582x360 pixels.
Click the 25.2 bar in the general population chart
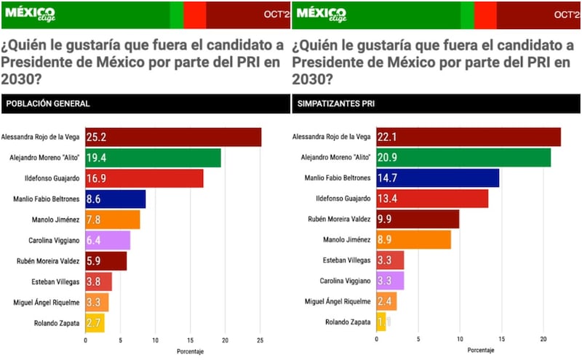tap(173, 137)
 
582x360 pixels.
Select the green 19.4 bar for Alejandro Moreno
tap(153, 158)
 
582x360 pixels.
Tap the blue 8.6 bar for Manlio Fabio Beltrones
tap(116, 199)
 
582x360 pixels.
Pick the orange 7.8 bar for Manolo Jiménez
tap(113, 220)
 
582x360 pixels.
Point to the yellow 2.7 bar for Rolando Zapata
tap(95, 323)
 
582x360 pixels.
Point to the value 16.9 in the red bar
tap(97, 178)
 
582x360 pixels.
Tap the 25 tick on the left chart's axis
tap(260, 340)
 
